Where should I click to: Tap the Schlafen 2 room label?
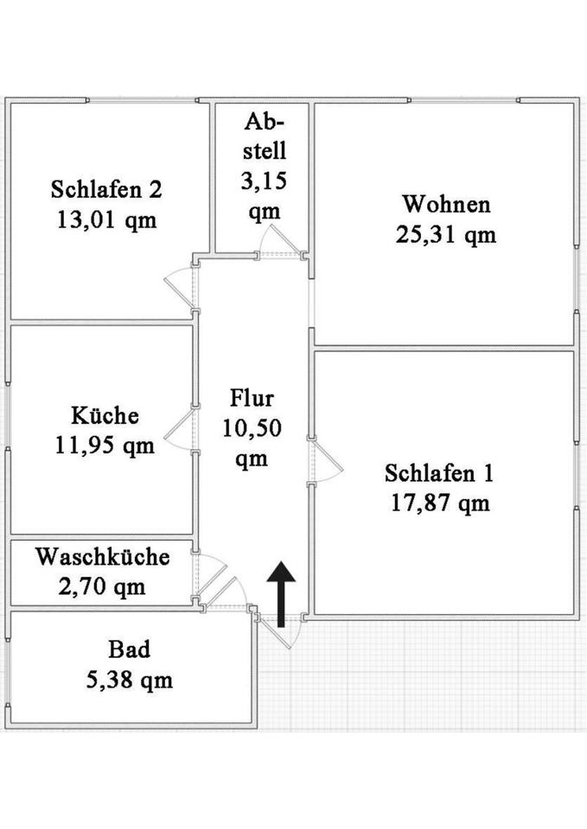[x=105, y=189]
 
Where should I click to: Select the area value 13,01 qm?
[x=105, y=219]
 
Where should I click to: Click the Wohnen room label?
[x=446, y=205]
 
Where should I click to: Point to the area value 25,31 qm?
[x=446, y=234]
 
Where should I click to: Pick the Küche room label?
[x=105, y=415]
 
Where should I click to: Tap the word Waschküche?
[x=102, y=557]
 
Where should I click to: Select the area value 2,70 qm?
[x=102, y=587]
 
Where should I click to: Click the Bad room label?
[x=129, y=649]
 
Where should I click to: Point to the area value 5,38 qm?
[x=129, y=680]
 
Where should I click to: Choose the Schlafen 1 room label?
[x=440, y=473]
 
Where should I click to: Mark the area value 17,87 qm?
[x=440, y=503]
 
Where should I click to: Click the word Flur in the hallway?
[x=252, y=399]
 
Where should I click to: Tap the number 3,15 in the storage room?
[x=264, y=181]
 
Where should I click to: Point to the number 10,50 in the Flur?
[x=252, y=428]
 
